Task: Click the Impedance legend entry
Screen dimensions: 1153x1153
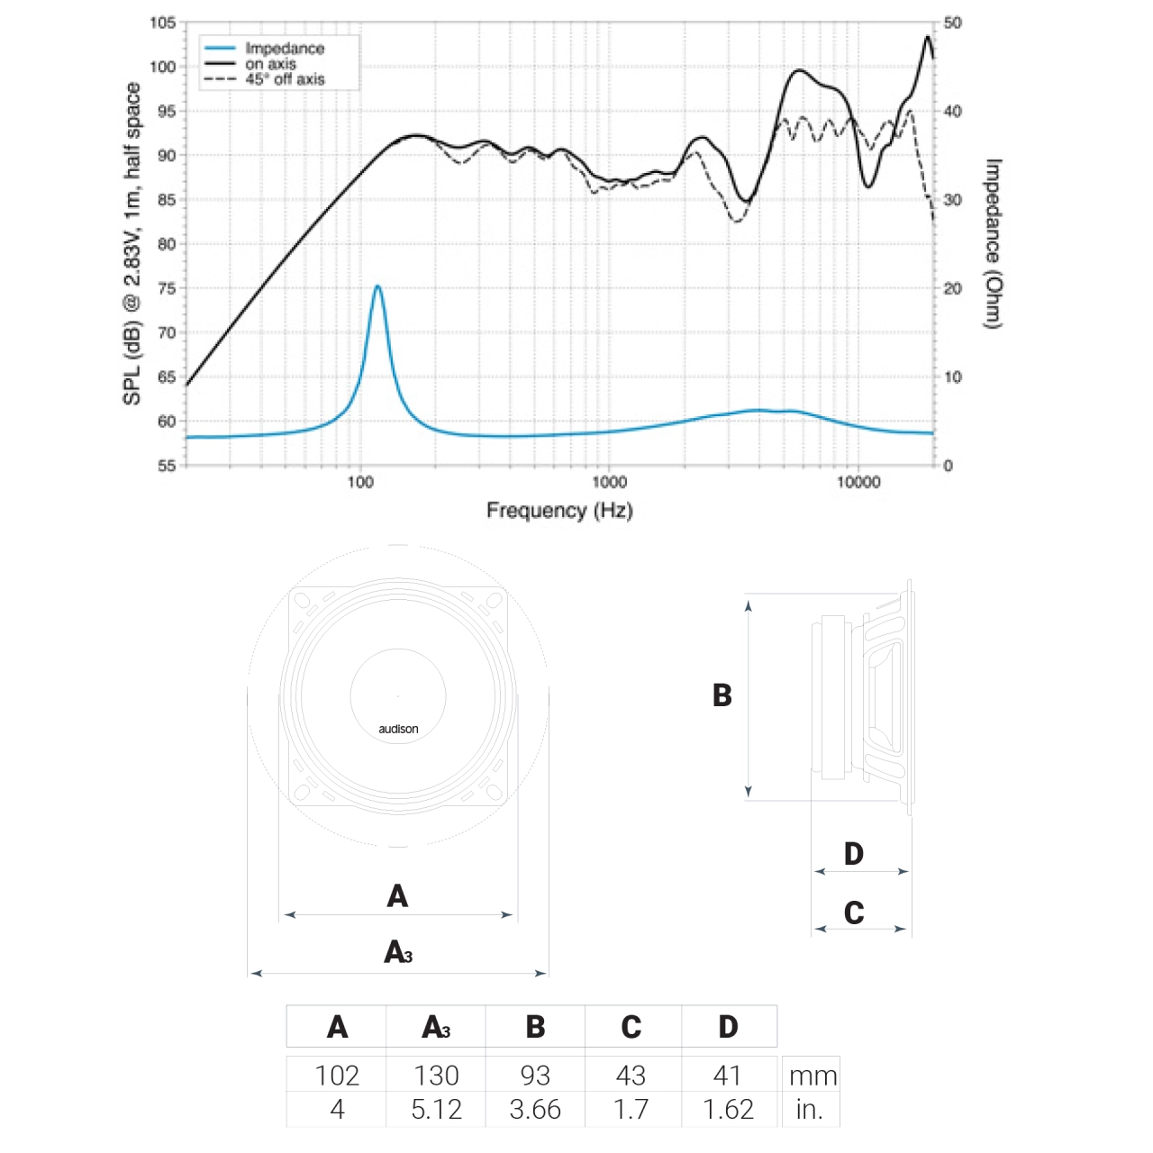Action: (284, 49)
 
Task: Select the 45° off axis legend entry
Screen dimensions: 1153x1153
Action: (285, 79)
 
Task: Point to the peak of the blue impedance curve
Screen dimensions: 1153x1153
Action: (377, 286)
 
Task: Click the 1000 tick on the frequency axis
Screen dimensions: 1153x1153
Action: (609, 482)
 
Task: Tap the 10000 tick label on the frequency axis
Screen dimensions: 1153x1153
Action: (858, 482)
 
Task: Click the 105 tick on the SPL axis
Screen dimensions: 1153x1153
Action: (163, 23)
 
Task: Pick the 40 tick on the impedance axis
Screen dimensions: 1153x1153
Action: (952, 111)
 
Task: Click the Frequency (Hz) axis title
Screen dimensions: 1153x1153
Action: (559, 511)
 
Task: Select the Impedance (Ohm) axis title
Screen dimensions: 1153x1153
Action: (993, 244)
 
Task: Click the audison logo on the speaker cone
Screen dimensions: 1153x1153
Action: (398, 729)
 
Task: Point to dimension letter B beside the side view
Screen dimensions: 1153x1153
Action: (722, 695)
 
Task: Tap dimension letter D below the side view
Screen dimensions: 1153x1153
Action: (854, 854)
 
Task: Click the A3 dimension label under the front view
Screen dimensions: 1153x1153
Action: (398, 952)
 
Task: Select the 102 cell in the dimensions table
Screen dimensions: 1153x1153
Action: (337, 1076)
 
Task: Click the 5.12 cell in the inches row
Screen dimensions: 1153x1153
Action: (436, 1109)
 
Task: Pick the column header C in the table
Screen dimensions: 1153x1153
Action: (631, 1027)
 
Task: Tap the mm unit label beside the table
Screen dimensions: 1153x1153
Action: (813, 1076)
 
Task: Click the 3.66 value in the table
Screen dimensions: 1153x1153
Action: (535, 1109)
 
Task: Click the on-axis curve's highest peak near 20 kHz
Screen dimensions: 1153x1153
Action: (928, 37)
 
